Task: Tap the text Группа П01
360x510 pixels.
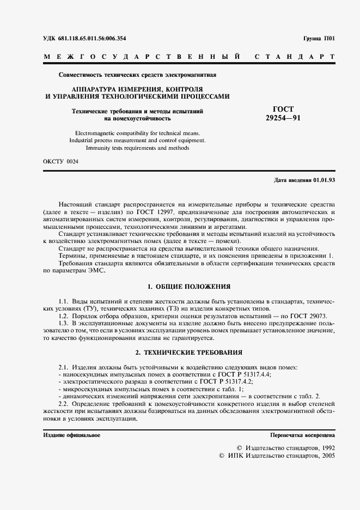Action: coord(319,39)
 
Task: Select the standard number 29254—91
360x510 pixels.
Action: coord(283,117)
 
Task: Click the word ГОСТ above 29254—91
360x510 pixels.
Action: coord(283,110)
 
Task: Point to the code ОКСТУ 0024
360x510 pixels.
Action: coord(60,162)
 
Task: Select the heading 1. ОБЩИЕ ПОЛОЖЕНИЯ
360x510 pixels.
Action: coord(189,286)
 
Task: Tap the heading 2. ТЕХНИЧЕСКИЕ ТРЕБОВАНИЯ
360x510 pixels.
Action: coord(189,353)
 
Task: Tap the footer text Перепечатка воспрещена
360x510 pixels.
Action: coord(302,435)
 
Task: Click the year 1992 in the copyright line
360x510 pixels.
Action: coord(325,447)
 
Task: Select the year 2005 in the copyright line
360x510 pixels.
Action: coord(325,455)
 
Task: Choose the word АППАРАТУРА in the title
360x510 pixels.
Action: coord(96,89)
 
